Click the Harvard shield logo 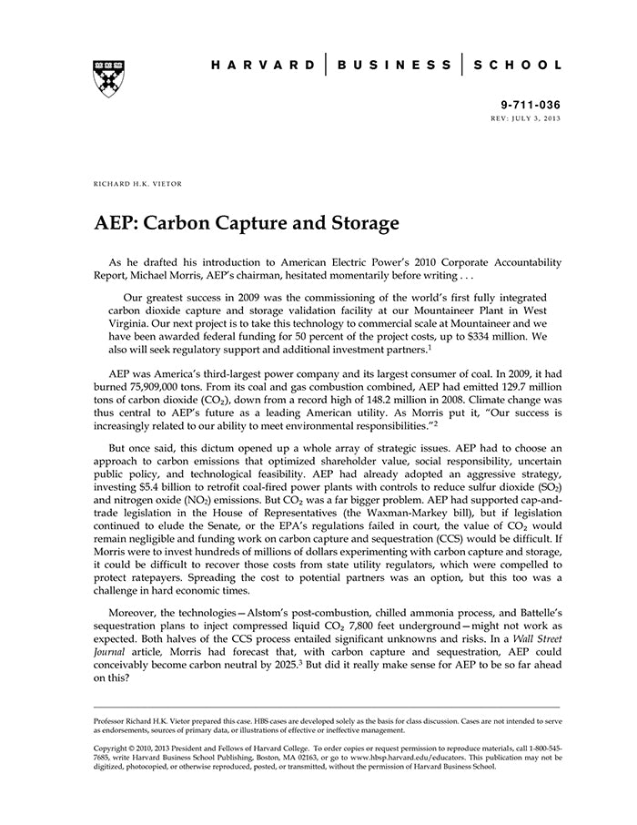coord(109,77)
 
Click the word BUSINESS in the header coord(393,66)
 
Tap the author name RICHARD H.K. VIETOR coord(137,184)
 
